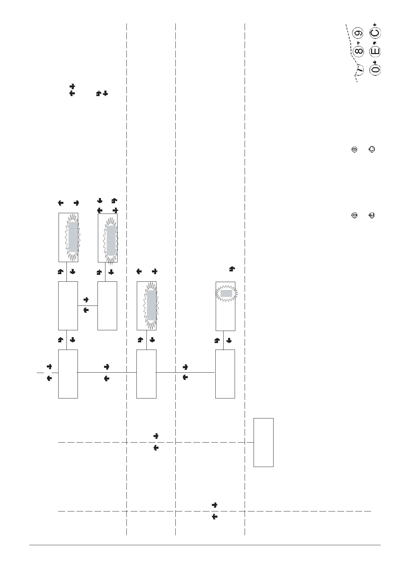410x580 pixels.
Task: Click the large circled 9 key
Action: [x=359, y=33]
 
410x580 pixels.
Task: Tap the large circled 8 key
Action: [x=359, y=52]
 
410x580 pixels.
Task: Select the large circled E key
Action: [x=375, y=52]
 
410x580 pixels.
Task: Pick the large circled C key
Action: [x=375, y=33]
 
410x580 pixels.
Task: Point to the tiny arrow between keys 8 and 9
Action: [x=358, y=43]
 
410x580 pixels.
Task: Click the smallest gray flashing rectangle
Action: [x=226, y=293]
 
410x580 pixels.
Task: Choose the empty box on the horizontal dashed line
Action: [x=264, y=442]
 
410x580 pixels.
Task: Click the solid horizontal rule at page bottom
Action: [x=205, y=545]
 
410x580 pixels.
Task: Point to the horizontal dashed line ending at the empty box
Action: [x=152, y=442]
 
